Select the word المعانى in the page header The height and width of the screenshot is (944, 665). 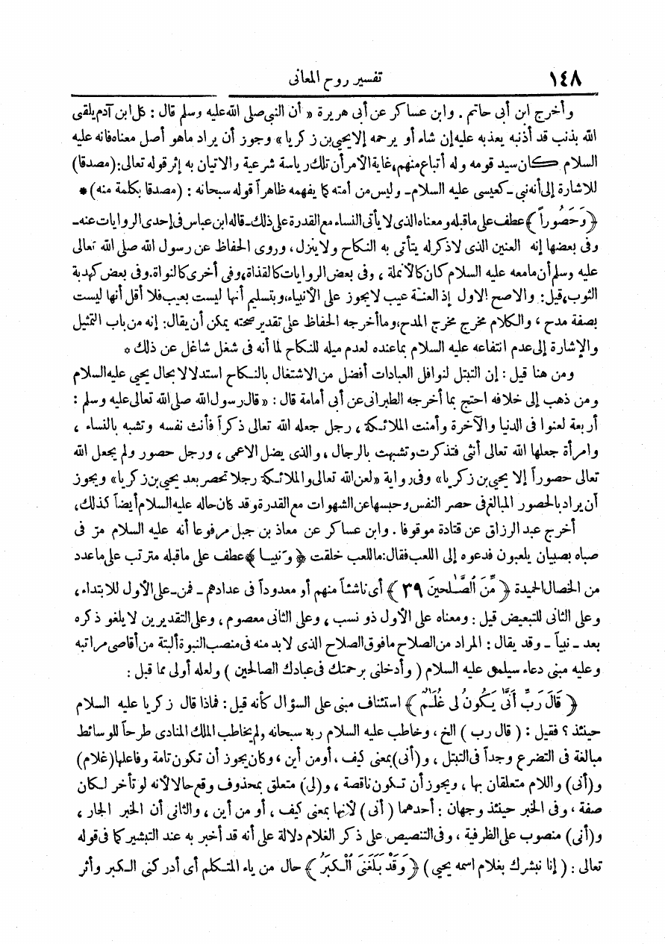click(307, 78)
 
